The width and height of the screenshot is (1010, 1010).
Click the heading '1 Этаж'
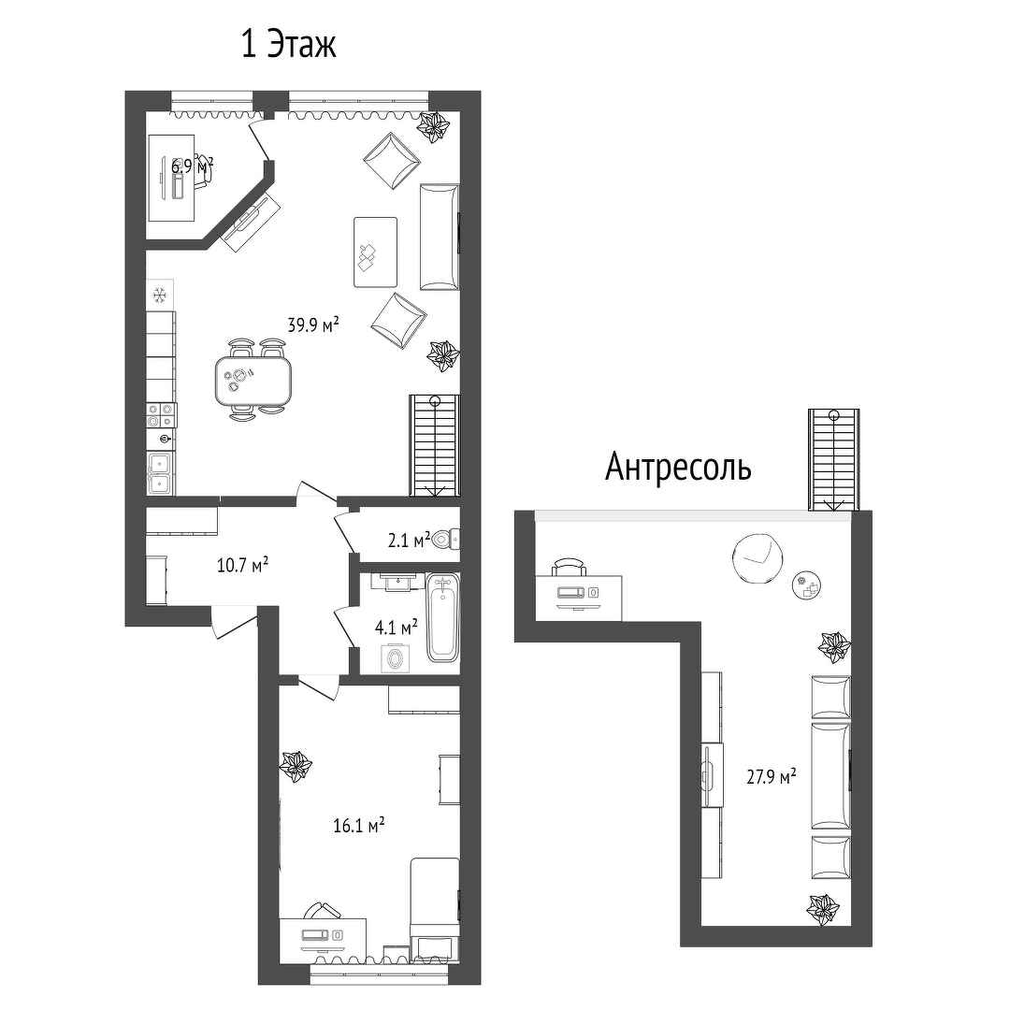tap(289, 45)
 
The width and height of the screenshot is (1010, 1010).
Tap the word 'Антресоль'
tap(678, 467)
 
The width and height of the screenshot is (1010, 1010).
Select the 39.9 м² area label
tap(313, 325)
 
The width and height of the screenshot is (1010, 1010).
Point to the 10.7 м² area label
tap(242, 566)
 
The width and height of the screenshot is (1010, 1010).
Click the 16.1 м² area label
tap(359, 825)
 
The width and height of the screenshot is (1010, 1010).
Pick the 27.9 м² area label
tap(771, 776)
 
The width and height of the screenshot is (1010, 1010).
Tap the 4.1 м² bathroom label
tap(396, 627)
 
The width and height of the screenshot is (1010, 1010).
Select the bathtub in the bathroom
tap(442, 618)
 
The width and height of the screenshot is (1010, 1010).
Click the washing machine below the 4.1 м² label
tap(394, 658)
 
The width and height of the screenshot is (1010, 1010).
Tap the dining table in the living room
tap(253, 382)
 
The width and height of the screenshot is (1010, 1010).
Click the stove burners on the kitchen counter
tap(161, 414)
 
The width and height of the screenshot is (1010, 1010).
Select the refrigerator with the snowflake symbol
tap(161, 295)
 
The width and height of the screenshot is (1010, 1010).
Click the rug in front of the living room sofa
tap(375, 252)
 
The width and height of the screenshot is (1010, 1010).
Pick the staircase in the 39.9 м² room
tap(436, 445)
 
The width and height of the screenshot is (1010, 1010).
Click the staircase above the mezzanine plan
tap(834, 460)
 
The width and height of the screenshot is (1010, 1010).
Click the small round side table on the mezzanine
tap(807, 585)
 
